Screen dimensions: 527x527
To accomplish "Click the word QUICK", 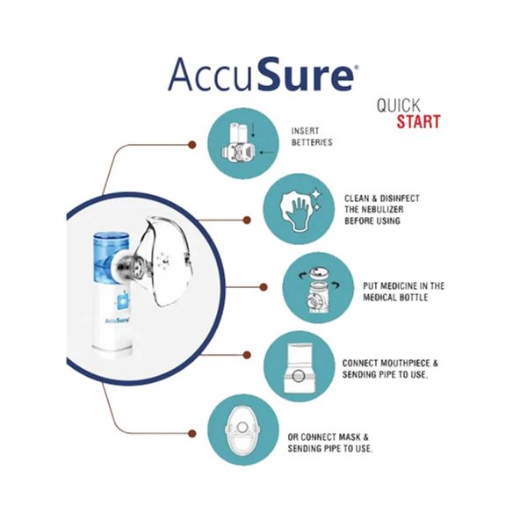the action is point(399,105).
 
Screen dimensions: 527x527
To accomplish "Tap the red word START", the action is point(418,121).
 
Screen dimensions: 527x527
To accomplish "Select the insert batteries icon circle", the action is point(243,143).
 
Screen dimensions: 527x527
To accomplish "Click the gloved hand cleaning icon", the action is point(299,209).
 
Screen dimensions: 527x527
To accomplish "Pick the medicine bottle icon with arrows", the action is point(318,288).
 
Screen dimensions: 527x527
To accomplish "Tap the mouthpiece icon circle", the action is point(300,366).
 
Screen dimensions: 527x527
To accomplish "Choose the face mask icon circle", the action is point(243,430).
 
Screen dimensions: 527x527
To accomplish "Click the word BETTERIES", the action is point(312,142).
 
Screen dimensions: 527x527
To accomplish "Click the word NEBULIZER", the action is point(383,209).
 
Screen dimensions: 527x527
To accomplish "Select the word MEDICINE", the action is point(391,286).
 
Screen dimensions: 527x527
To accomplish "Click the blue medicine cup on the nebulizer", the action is point(111,257).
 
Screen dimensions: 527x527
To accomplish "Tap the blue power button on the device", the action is point(122,300).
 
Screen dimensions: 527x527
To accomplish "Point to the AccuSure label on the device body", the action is point(118,321).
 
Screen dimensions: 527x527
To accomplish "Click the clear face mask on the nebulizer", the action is point(165,262).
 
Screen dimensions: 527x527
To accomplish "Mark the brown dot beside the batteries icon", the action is point(191,145).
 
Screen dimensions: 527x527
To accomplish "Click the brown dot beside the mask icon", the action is point(191,433).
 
